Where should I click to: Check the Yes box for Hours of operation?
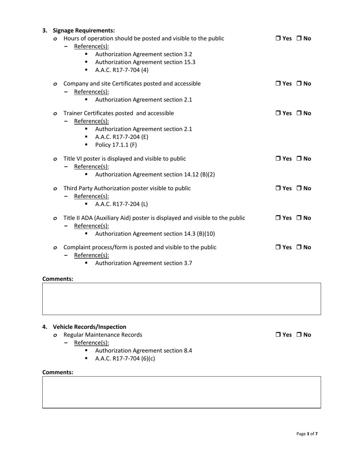[x=278, y=38]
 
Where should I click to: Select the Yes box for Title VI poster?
[x=278, y=159]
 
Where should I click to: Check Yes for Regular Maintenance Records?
[x=278, y=335]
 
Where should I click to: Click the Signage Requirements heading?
[x=84, y=30]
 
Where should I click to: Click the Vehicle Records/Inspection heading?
[x=89, y=327]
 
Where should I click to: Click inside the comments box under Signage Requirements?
[x=182, y=299]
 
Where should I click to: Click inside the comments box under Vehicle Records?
[x=182, y=392]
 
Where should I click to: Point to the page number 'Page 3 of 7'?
[x=307, y=434]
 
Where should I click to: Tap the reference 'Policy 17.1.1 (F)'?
[x=116, y=145]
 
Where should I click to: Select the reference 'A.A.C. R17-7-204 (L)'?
[x=121, y=204]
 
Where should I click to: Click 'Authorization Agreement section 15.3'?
[x=145, y=62]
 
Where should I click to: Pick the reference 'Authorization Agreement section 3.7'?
[x=144, y=263]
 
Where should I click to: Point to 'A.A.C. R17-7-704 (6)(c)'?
[x=125, y=358]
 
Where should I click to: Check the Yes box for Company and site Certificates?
[x=278, y=84]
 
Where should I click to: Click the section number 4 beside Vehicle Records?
[x=45, y=327]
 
